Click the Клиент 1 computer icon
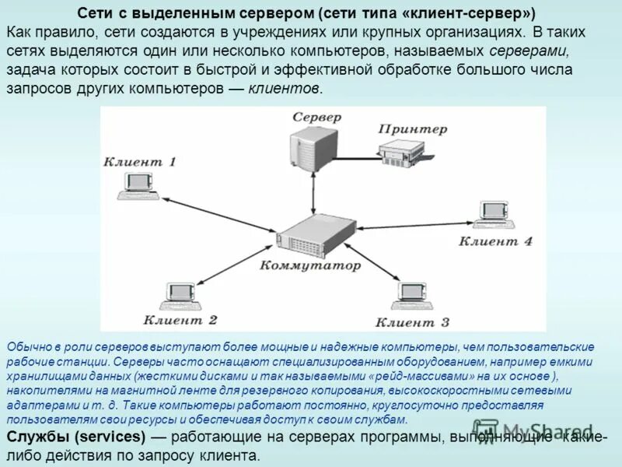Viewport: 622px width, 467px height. (139, 184)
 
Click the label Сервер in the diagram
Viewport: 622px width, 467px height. (316, 117)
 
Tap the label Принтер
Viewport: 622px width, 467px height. (413, 128)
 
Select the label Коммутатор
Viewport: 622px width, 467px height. (312, 265)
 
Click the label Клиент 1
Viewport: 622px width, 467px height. (140, 162)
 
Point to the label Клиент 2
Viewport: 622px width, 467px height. (180, 319)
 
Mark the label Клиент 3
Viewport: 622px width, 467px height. (412, 321)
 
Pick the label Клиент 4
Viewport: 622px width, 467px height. (495, 241)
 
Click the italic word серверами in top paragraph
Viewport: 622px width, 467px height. (529, 51)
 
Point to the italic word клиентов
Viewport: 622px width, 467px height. (284, 88)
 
